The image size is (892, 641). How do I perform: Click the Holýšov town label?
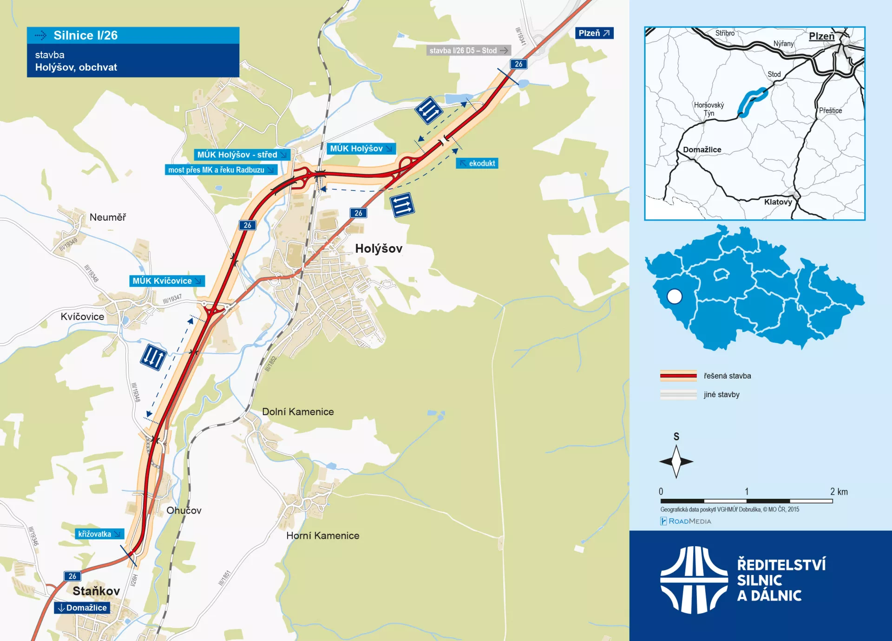[379, 249]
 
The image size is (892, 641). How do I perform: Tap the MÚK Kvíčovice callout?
[167, 281]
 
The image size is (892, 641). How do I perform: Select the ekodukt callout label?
[477, 164]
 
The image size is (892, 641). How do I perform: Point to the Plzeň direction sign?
[594, 33]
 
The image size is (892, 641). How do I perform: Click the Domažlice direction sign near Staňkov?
[82, 608]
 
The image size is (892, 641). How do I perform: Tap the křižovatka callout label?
[99, 534]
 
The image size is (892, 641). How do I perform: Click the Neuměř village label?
[108, 217]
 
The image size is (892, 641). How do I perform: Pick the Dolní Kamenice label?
[298, 412]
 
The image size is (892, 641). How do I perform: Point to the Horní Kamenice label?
[323, 536]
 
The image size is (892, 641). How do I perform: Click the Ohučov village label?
[184, 510]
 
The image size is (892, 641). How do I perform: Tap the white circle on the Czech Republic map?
[674, 296]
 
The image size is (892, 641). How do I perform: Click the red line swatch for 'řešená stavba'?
[678, 376]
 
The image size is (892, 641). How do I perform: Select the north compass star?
[676, 461]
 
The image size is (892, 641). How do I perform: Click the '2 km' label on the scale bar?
[839, 491]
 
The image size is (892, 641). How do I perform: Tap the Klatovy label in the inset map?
[778, 202]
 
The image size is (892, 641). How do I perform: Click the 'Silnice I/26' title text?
[85, 35]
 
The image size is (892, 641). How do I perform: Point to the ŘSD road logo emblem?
[694, 580]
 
